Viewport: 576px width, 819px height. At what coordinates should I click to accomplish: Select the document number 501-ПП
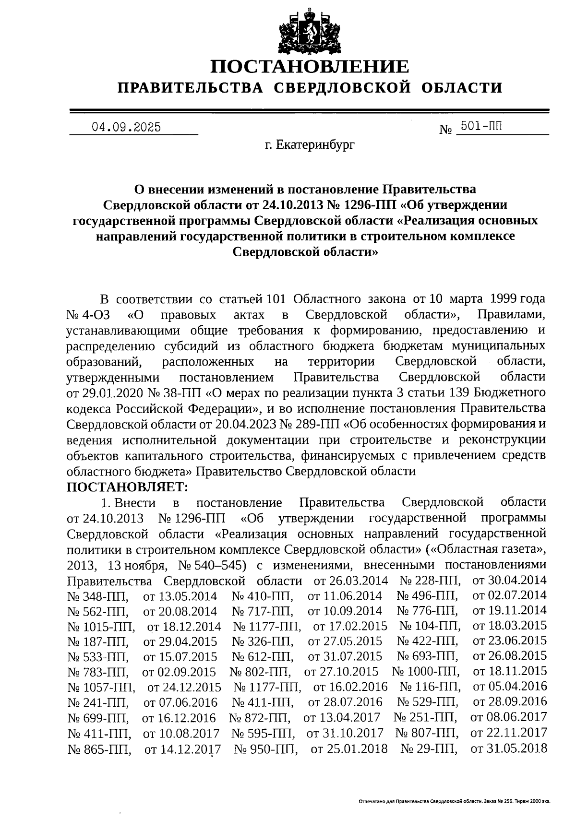point(481,126)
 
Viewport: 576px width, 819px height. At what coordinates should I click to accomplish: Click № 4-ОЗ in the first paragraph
point(88,315)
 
